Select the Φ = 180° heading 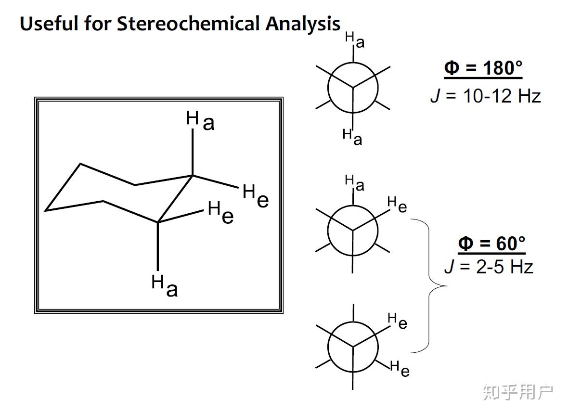[x=483, y=68]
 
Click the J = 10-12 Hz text [x=485, y=96]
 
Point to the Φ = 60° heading [x=491, y=244]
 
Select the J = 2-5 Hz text [x=489, y=266]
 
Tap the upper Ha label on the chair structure [x=200, y=120]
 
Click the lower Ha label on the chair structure [x=165, y=285]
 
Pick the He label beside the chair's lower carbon [x=221, y=213]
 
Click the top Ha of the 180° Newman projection [x=355, y=39]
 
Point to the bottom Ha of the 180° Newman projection [x=352, y=137]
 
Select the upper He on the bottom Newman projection [x=398, y=320]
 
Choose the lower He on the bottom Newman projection [x=400, y=369]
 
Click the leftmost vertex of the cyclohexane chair [x=46, y=210]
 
